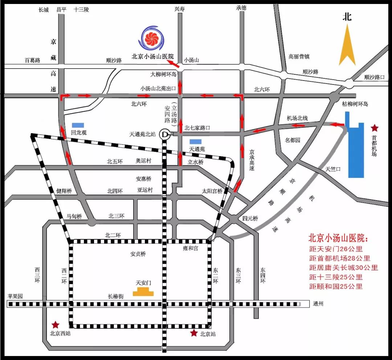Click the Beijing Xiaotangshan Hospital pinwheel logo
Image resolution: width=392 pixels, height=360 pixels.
point(151,39)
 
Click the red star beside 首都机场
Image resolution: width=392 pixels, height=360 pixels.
point(374,128)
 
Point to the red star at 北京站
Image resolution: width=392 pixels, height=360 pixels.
point(194,333)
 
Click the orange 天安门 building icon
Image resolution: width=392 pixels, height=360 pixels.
point(143,291)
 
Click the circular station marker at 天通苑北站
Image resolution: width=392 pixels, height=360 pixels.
point(166,134)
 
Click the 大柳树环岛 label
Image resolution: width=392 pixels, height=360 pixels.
point(163,74)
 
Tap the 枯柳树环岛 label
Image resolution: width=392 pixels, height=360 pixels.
point(355,104)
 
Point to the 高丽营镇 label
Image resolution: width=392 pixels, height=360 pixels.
point(299,57)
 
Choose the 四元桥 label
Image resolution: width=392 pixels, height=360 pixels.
point(250,218)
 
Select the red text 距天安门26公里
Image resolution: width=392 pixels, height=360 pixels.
point(336,249)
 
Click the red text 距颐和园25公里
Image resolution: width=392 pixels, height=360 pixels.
point(336,286)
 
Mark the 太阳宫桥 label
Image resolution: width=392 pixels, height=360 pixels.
point(212,191)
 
